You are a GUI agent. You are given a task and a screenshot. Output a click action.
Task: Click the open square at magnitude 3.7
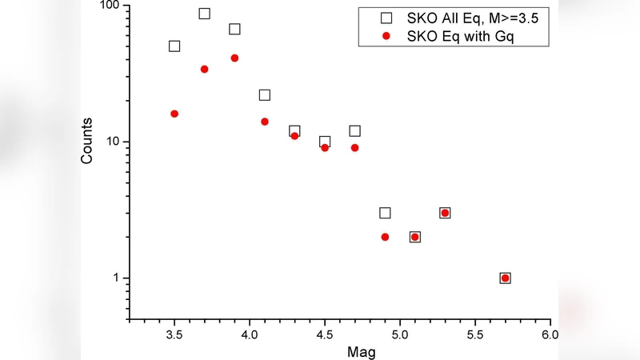pyautogui.click(x=204, y=14)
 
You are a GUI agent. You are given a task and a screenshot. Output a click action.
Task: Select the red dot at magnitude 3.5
pyautogui.click(x=174, y=114)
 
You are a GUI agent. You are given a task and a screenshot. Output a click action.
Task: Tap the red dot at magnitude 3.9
pyautogui.click(x=234, y=58)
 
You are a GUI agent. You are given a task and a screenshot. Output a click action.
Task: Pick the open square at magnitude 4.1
pyautogui.click(x=265, y=95)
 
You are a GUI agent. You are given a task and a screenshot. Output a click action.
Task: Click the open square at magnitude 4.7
pyautogui.click(x=354, y=130)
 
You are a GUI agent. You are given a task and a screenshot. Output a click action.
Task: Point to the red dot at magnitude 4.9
pyautogui.click(x=385, y=237)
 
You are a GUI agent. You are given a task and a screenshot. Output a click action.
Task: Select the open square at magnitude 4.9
pyautogui.click(x=385, y=213)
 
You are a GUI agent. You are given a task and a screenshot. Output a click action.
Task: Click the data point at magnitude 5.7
pyautogui.click(x=505, y=278)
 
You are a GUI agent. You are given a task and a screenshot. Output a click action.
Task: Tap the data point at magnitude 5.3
pyautogui.click(x=445, y=213)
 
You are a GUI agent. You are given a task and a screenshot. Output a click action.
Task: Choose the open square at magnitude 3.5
pyautogui.click(x=174, y=46)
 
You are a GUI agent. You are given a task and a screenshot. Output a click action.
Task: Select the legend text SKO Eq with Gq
pyautogui.click(x=456, y=36)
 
